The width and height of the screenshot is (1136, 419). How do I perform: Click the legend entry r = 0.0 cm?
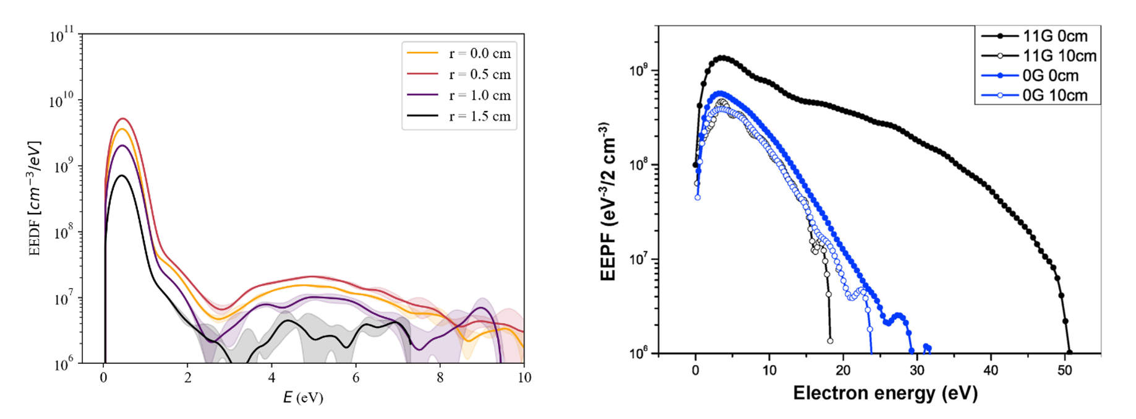click(480, 53)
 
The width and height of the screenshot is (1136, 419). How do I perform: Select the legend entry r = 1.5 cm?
click(480, 116)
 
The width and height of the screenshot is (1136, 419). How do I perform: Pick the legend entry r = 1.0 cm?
click(480, 95)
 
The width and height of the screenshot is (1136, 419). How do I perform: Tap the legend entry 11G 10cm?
click(1059, 56)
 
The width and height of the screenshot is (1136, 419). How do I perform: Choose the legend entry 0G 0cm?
click(1050, 76)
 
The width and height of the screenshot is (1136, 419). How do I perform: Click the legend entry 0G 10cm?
click(1054, 95)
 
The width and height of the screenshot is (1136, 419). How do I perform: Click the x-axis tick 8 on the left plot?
click(440, 378)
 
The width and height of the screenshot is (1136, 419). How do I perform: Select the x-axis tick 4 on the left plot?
click(271, 378)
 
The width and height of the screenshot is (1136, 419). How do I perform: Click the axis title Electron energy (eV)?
click(885, 393)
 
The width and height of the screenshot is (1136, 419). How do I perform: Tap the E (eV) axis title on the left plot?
click(303, 397)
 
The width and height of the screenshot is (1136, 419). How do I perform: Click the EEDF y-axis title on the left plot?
click(35, 198)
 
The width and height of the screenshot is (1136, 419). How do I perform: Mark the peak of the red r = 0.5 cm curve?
click(123, 118)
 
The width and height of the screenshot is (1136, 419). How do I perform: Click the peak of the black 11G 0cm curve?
click(722, 58)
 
